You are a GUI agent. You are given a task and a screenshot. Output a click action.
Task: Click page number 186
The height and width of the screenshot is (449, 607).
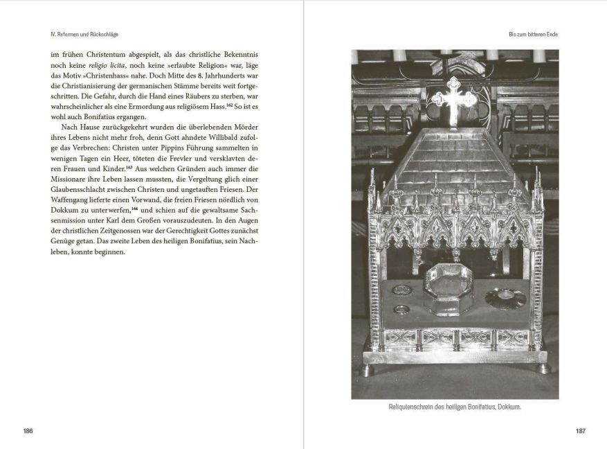pyautogui.click(x=28, y=431)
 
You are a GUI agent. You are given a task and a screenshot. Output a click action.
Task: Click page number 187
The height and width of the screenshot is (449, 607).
pyautogui.click(x=581, y=431)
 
